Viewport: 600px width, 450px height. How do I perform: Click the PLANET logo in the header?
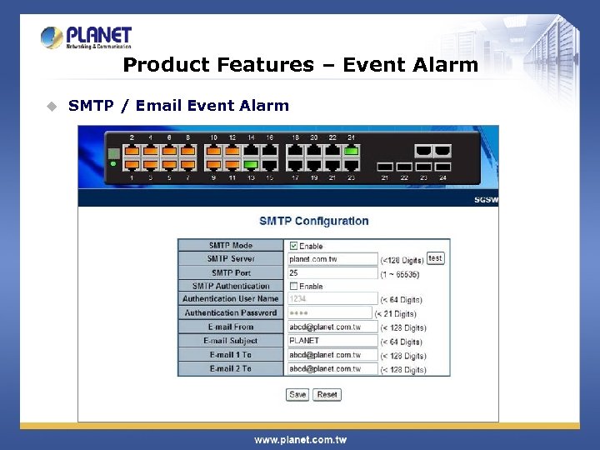pyautogui.click(x=86, y=37)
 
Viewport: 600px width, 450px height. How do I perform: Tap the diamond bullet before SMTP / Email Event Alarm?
pyautogui.click(x=52, y=106)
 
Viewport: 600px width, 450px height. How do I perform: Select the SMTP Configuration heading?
pyautogui.click(x=313, y=221)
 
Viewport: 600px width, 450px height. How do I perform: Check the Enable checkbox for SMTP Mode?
pyautogui.click(x=293, y=246)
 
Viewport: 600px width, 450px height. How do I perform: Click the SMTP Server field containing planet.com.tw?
pyautogui.click(x=332, y=259)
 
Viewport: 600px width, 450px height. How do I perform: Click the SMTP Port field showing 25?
pyautogui.click(x=332, y=273)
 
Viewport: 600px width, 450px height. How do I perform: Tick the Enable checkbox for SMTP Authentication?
pyautogui.click(x=293, y=287)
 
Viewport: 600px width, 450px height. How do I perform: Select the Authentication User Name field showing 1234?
pyautogui.click(x=332, y=299)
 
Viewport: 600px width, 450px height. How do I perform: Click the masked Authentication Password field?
pyautogui.click(x=329, y=313)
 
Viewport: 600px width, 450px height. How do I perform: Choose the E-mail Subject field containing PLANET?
pyautogui.click(x=332, y=341)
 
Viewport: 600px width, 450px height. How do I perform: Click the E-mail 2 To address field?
pyautogui.click(x=332, y=368)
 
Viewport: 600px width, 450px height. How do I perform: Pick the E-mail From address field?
pyautogui.click(x=332, y=327)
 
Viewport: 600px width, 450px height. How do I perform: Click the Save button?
pyautogui.click(x=297, y=394)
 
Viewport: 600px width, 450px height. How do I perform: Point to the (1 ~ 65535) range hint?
pyautogui.click(x=400, y=273)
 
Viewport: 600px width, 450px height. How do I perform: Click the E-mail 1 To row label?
pyautogui.click(x=231, y=355)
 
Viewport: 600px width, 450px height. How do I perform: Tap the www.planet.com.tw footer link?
pyautogui.click(x=300, y=439)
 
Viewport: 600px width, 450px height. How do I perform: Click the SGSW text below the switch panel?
pyautogui.click(x=486, y=201)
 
